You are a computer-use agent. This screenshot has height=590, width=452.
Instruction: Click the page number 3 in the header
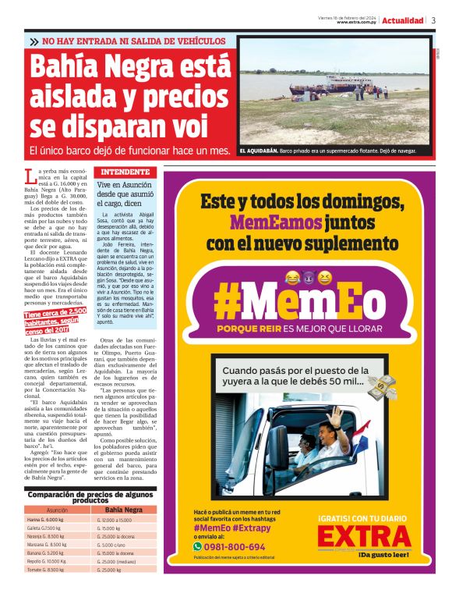[433, 20]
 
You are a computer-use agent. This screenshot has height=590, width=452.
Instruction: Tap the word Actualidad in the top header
[403, 20]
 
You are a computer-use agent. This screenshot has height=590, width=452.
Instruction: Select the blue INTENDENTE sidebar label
[123, 171]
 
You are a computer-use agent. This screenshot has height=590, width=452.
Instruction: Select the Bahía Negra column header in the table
[123, 510]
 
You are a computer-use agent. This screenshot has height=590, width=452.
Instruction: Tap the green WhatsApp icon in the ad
[197, 547]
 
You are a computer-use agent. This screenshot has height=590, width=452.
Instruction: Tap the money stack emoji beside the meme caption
[381, 385]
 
